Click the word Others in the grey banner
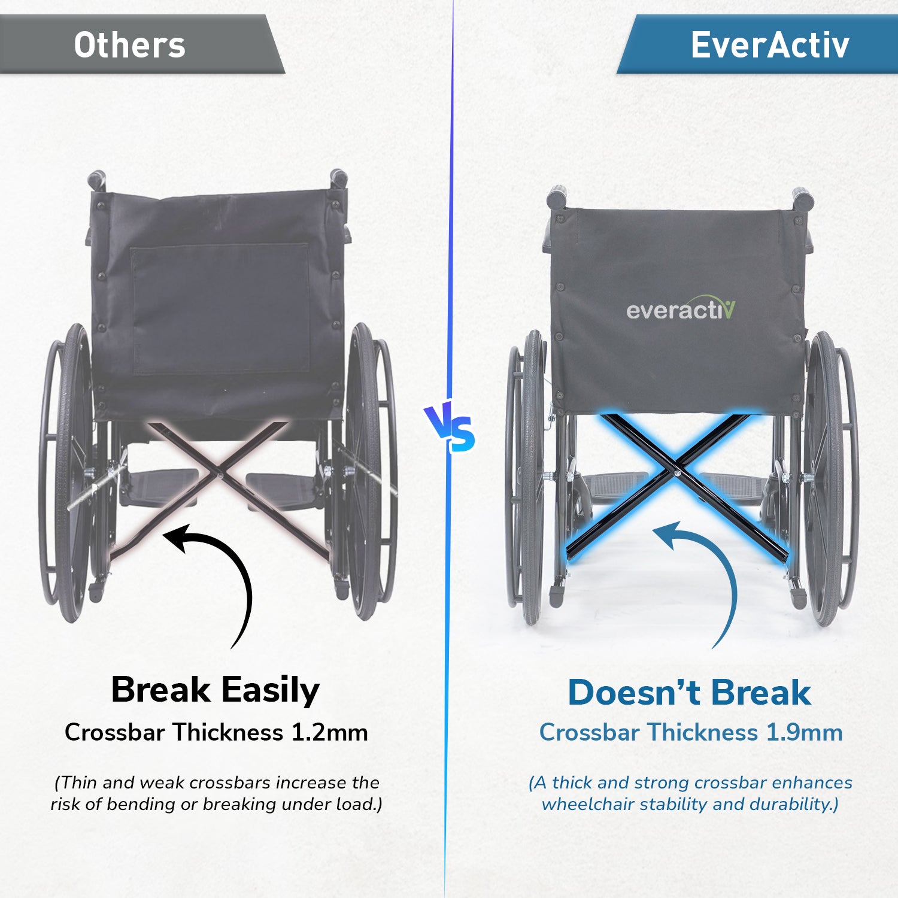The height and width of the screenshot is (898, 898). tap(129, 45)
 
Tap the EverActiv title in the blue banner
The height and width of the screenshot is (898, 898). tap(770, 45)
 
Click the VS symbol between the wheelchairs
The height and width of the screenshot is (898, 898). tap(450, 428)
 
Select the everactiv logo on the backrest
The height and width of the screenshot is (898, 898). tap(681, 308)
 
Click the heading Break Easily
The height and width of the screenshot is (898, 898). tap(216, 690)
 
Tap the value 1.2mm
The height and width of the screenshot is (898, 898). tap(329, 732)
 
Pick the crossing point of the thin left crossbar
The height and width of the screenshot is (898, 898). tap(220, 475)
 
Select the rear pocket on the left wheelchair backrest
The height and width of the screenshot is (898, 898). tap(220, 308)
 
